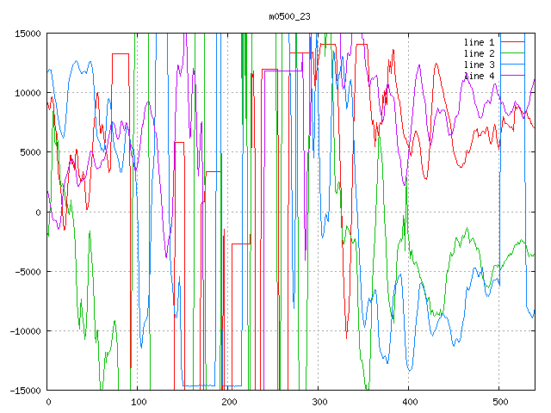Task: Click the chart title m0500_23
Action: pos(288,16)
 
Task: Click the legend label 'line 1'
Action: pos(480,42)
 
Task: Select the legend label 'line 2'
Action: pos(480,53)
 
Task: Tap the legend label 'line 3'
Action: pos(480,65)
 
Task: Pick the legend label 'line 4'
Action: pos(480,76)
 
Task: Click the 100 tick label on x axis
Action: pos(138,402)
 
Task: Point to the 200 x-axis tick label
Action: pos(228,402)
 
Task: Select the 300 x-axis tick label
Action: pos(319,402)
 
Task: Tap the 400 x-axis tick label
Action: pos(409,402)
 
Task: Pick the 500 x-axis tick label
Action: pos(499,402)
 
